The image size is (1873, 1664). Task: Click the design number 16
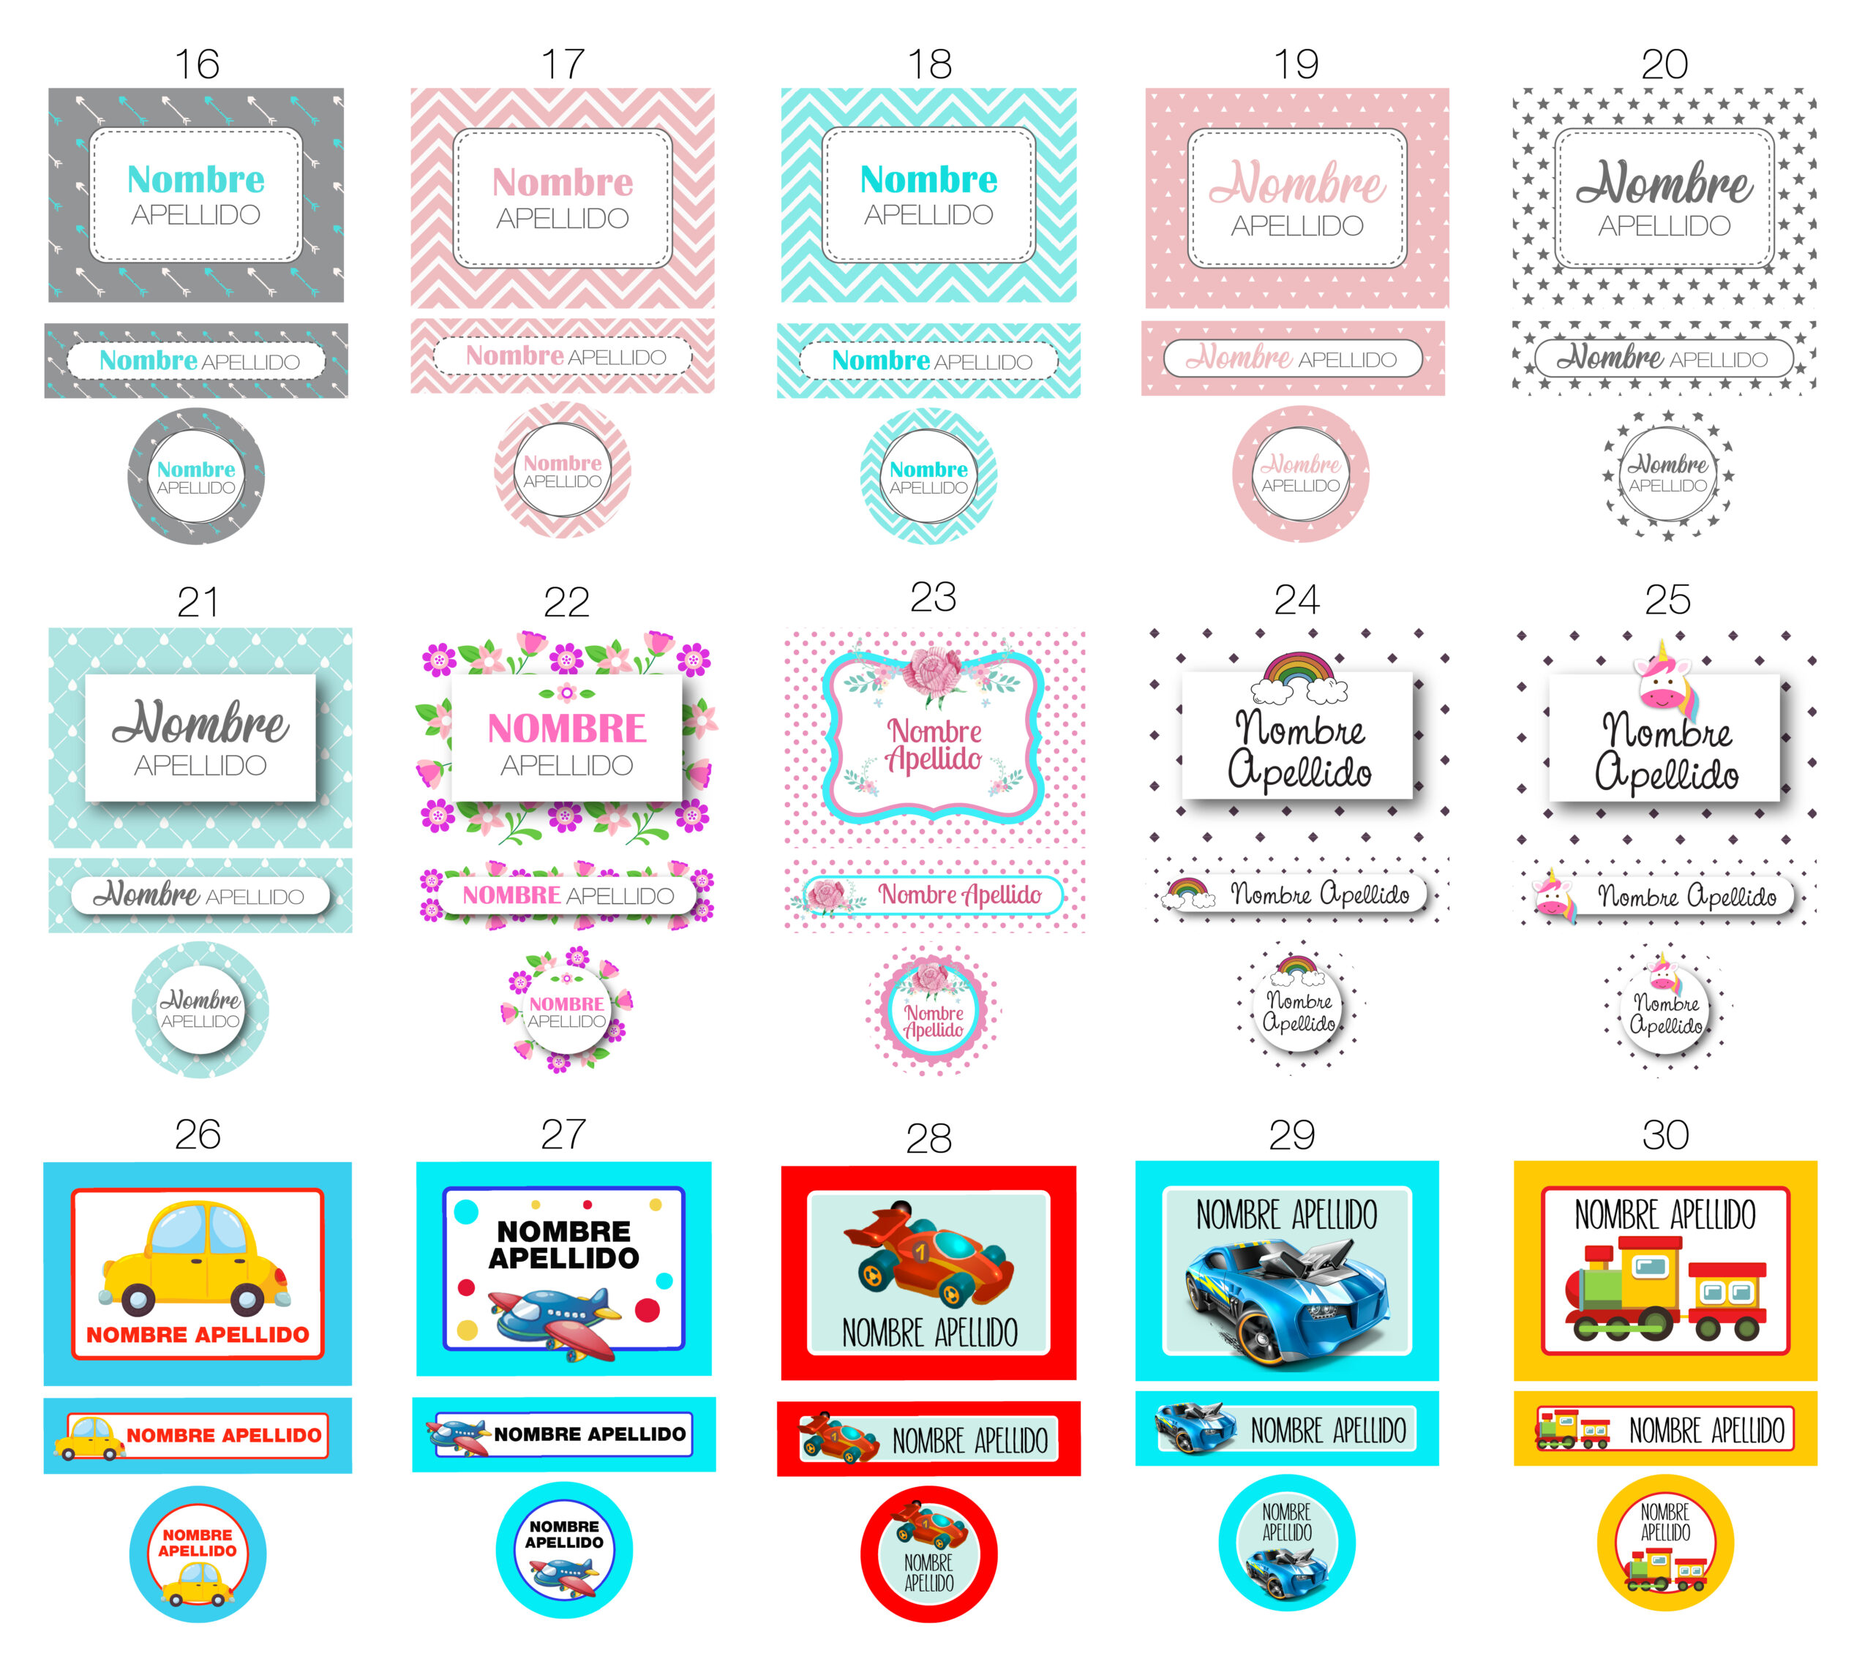pyautogui.click(x=197, y=64)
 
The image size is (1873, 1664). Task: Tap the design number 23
pyautogui.click(x=933, y=597)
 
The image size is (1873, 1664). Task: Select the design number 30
pyautogui.click(x=1665, y=1134)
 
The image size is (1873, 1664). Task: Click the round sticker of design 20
pyautogui.click(x=1667, y=475)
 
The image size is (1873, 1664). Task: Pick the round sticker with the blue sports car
pyautogui.click(x=1286, y=1543)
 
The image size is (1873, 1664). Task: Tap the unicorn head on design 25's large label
pyautogui.click(x=1667, y=677)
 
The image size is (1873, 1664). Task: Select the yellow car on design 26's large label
pyautogui.click(x=195, y=1259)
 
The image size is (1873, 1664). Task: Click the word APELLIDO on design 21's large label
pyautogui.click(x=200, y=765)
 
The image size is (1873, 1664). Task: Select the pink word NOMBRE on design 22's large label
pyautogui.click(x=566, y=729)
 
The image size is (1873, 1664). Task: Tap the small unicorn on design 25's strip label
pyautogui.click(x=1554, y=893)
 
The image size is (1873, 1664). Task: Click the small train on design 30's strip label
pyautogui.click(x=1572, y=1428)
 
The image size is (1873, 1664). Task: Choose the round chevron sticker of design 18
pyautogui.click(x=928, y=475)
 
